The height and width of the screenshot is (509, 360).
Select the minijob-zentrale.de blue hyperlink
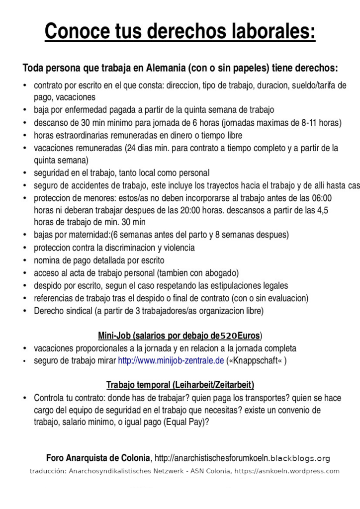pyautogui.click(x=171, y=361)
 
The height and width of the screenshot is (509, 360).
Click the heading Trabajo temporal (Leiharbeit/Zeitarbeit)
pyautogui.click(x=180, y=385)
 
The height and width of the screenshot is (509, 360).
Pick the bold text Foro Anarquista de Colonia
pyautogui.click(x=98, y=458)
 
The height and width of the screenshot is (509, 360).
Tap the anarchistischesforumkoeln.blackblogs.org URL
pyautogui.click(x=243, y=458)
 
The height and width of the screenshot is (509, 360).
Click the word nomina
pyautogui.click(x=47, y=260)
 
